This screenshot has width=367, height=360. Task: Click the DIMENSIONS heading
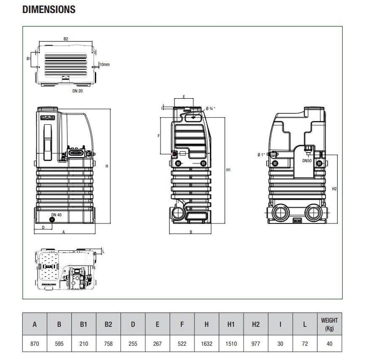[x=49, y=9]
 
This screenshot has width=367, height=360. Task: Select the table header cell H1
[x=231, y=324]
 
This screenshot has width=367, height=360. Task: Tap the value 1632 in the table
[x=206, y=344]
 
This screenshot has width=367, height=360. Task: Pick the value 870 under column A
[x=35, y=344]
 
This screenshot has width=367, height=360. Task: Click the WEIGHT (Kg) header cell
[x=329, y=324]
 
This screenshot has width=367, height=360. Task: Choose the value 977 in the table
[x=255, y=344]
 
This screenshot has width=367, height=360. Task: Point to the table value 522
[x=182, y=344]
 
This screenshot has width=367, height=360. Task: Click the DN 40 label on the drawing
[x=56, y=215]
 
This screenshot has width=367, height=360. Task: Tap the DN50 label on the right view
[x=307, y=160]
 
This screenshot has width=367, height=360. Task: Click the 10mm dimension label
[x=104, y=64]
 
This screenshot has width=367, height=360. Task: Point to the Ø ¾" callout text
[x=212, y=108]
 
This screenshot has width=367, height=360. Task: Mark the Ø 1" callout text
[x=261, y=155]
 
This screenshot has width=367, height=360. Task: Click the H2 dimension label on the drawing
[x=334, y=188]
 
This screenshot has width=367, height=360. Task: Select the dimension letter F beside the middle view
[x=158, y=136]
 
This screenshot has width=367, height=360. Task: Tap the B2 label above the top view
[x=66, y=39]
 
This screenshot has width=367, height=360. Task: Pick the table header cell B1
[x=83, y=324]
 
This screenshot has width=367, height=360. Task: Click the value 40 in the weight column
[x=329, y=344]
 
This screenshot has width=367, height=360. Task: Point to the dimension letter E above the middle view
[x=184, y=97]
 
